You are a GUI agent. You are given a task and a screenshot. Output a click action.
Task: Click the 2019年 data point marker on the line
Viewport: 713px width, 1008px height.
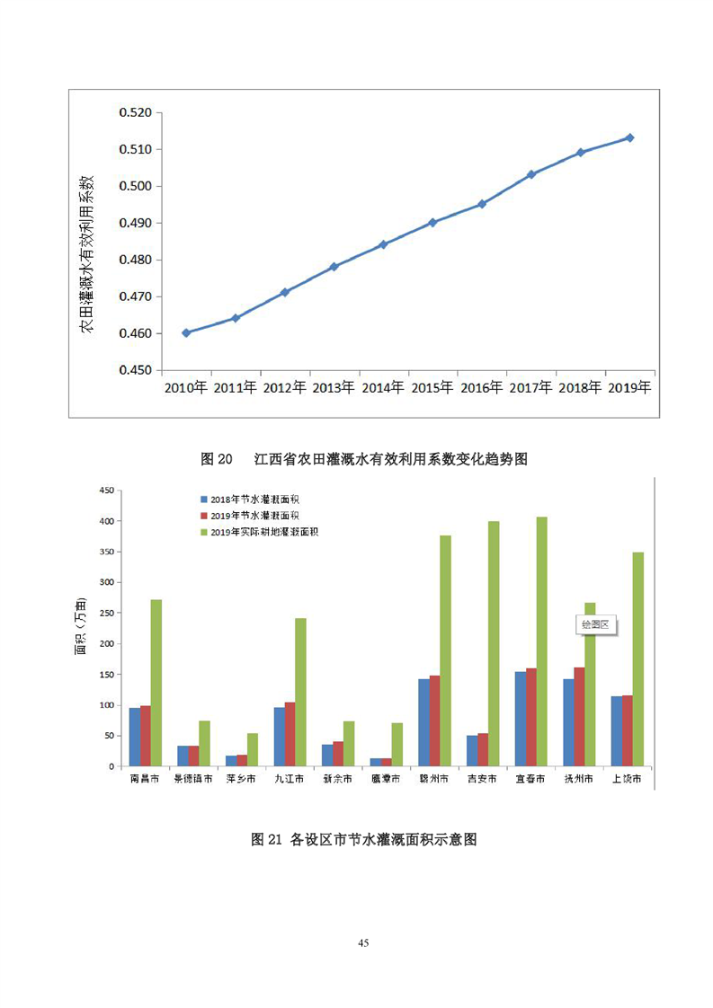(630, 137)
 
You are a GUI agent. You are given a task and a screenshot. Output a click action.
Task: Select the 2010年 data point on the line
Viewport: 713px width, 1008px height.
(186, 332)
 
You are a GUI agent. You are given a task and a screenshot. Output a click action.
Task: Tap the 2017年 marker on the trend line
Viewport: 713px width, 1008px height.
(531, 174)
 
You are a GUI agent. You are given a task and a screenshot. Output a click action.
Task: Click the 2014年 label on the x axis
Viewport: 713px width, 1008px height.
(383, 388)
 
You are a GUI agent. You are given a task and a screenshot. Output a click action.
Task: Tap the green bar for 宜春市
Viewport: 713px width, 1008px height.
(541, 641)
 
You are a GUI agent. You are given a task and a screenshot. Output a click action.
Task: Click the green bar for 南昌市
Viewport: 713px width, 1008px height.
(156, 683)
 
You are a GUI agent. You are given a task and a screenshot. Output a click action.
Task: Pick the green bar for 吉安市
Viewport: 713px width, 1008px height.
(493, 643)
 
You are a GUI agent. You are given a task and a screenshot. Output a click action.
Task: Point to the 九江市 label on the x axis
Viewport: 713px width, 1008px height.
(289, 780)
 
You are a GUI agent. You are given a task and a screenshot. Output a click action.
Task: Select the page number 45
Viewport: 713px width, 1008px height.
(363, 942)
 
